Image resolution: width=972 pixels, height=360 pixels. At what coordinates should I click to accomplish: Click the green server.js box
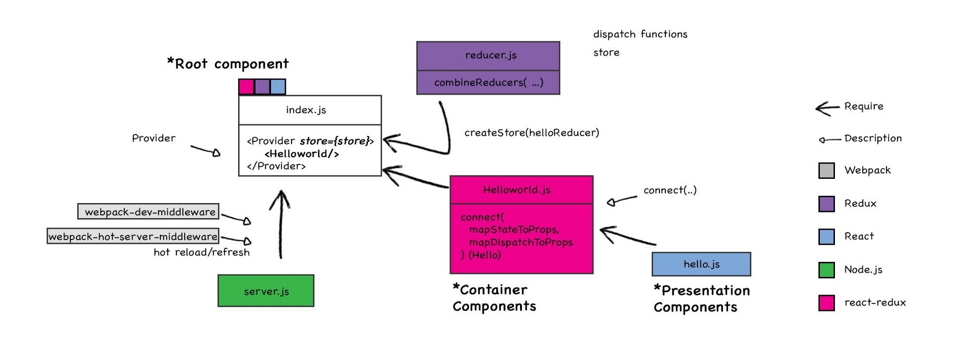(266, 291)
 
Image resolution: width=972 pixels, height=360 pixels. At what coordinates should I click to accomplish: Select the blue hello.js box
(701, 264)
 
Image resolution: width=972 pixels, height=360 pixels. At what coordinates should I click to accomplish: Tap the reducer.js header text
(490, 55)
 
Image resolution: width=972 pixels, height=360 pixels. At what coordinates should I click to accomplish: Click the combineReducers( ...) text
(488, 83)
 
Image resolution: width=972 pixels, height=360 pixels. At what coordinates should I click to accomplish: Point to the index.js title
(306, 110)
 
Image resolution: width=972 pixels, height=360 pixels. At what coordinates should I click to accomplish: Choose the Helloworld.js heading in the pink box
(517, 189)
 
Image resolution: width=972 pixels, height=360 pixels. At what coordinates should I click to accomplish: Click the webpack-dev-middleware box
(149, 211)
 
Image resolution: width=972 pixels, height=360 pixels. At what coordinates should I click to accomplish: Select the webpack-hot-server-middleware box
(133, 236)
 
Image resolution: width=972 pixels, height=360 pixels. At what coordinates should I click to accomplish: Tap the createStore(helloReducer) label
(531, 133)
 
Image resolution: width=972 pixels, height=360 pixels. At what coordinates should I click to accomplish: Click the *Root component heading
(227, 64)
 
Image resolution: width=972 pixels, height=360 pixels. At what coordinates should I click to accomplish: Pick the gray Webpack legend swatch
(826, 171)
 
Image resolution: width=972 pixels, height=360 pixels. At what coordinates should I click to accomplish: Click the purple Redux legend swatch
(826, 204)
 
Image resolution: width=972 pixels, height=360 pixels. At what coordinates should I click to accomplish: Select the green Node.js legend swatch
(826, 270)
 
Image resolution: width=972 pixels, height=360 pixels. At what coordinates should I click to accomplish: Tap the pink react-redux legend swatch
(826, 303)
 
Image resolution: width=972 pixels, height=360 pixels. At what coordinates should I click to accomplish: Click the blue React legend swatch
(826, 237)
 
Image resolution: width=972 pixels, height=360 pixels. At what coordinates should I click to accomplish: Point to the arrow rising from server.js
(280, 223)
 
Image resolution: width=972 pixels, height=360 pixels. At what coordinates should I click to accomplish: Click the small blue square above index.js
(278, 87)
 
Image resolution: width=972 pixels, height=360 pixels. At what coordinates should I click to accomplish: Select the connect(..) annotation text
(670, 190)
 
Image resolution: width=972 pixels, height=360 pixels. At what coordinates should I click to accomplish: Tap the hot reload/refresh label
(201, 252)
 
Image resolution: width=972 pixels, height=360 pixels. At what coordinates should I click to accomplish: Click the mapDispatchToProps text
(521, 242)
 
